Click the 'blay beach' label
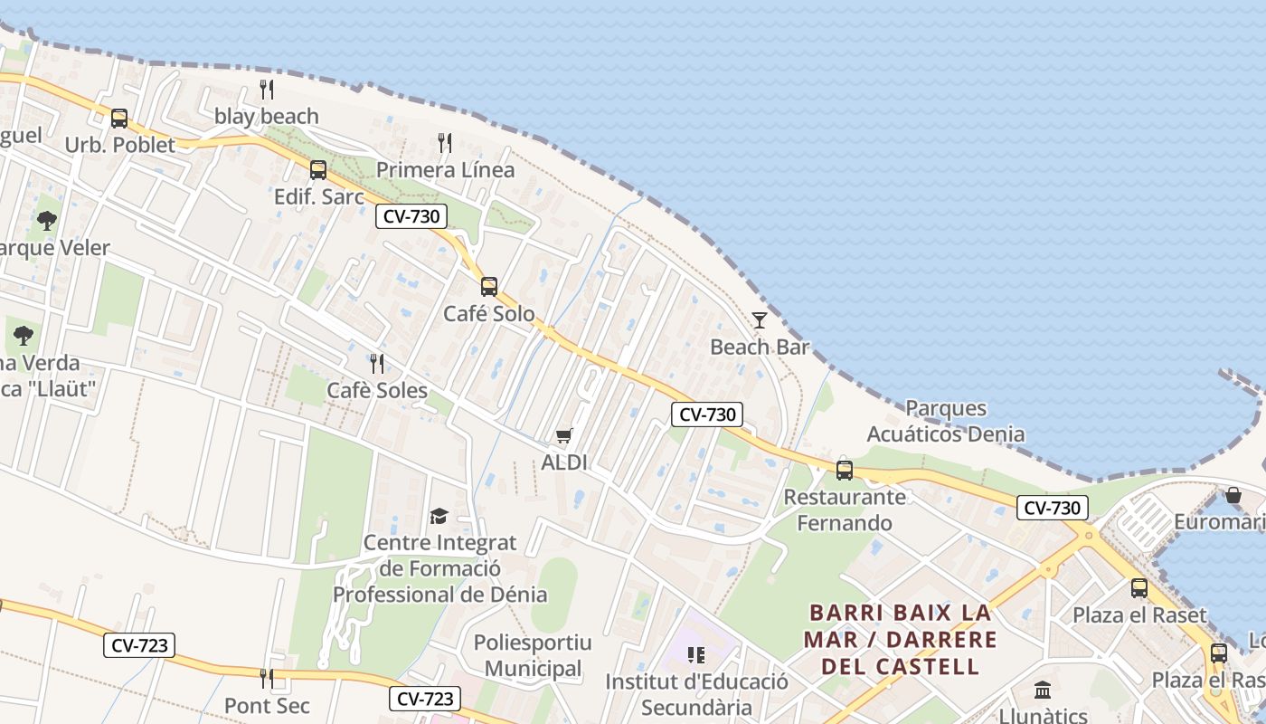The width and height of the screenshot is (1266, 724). [x=266, y=116]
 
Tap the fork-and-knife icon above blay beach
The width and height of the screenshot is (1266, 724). [x=267, y=89]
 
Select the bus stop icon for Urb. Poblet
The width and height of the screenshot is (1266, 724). [x=119, y=119]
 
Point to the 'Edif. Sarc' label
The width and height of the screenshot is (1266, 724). [x=319, y=196]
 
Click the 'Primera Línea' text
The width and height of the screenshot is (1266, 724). [x=445, y=169]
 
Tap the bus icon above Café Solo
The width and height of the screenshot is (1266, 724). [x=489, y=287]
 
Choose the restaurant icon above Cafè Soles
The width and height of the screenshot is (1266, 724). [x=377, y=363]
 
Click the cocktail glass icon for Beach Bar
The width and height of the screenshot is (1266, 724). [x=760, y=320]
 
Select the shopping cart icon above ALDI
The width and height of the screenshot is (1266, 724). [x=564, y=436]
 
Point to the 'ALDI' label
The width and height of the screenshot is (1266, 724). [x=564, y=462]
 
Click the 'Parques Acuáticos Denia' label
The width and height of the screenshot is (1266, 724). [x=946, y=421]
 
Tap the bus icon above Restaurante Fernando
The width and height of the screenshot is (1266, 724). [x=845, y=470]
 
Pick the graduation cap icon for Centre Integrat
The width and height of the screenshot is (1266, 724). [x=439, y=516]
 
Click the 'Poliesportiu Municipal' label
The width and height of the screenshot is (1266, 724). [x=533, y=655]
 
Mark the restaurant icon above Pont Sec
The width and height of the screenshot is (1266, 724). [x=267, y=678]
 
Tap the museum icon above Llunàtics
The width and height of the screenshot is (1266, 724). [x=1043, y=690]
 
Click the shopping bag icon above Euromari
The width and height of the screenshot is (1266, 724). [x=1233, y=495]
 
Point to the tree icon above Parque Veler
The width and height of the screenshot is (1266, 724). [x=47, y=220]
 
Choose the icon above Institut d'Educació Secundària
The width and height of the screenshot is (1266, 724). [x=695, y=654]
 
